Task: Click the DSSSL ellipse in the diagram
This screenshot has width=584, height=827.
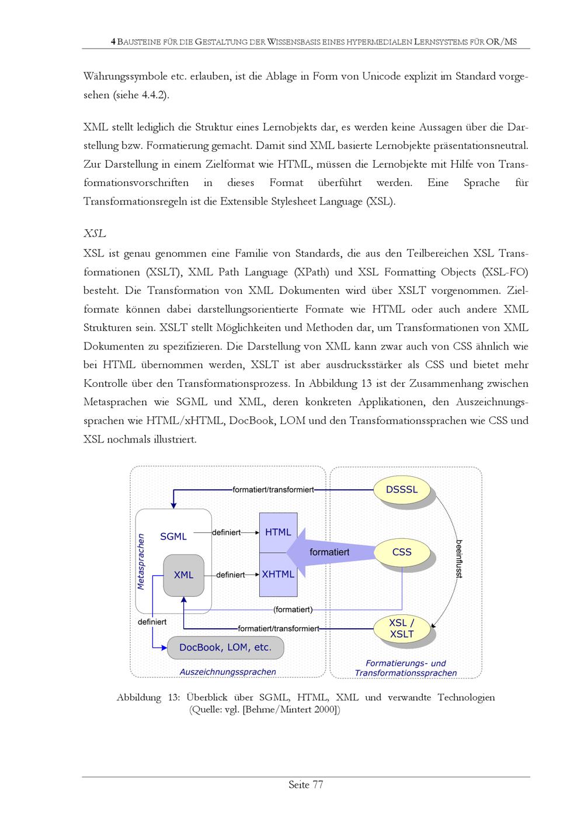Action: (402, 490)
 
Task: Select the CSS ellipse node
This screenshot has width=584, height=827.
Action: (402, 552)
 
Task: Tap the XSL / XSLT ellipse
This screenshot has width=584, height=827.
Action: (402, 628)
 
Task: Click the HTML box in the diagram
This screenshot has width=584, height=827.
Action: (278, 532)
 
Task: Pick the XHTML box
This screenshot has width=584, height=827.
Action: (278, 575)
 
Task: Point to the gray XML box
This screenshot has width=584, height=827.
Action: (183, 575)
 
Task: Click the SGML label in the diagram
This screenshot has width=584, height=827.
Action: (173, 537)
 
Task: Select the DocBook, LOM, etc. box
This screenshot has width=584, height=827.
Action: (225, 648)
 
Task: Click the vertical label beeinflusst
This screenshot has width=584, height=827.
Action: (459, 559)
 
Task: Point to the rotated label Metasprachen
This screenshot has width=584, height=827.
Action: (141, 561)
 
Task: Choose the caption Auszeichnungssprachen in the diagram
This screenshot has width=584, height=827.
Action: (227, 672)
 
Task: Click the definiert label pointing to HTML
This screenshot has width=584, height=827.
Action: (226, 532)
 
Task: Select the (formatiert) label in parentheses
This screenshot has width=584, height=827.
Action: (293, 610)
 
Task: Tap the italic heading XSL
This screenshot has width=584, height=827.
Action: (95, 234)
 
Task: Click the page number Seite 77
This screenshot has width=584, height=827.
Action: (305, 785)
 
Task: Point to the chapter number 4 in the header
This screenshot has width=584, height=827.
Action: (113, 42)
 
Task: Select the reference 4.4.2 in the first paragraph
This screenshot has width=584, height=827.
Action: (154, 95)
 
